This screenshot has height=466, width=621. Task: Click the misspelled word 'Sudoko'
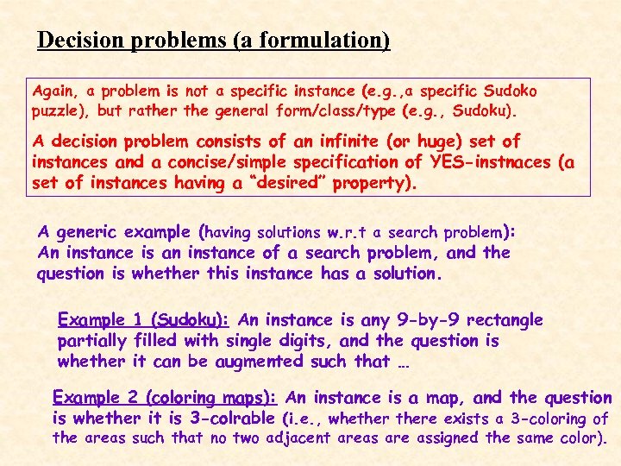click(x=510, y=91)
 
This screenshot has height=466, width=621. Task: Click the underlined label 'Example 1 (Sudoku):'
click(x=143, y=320)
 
